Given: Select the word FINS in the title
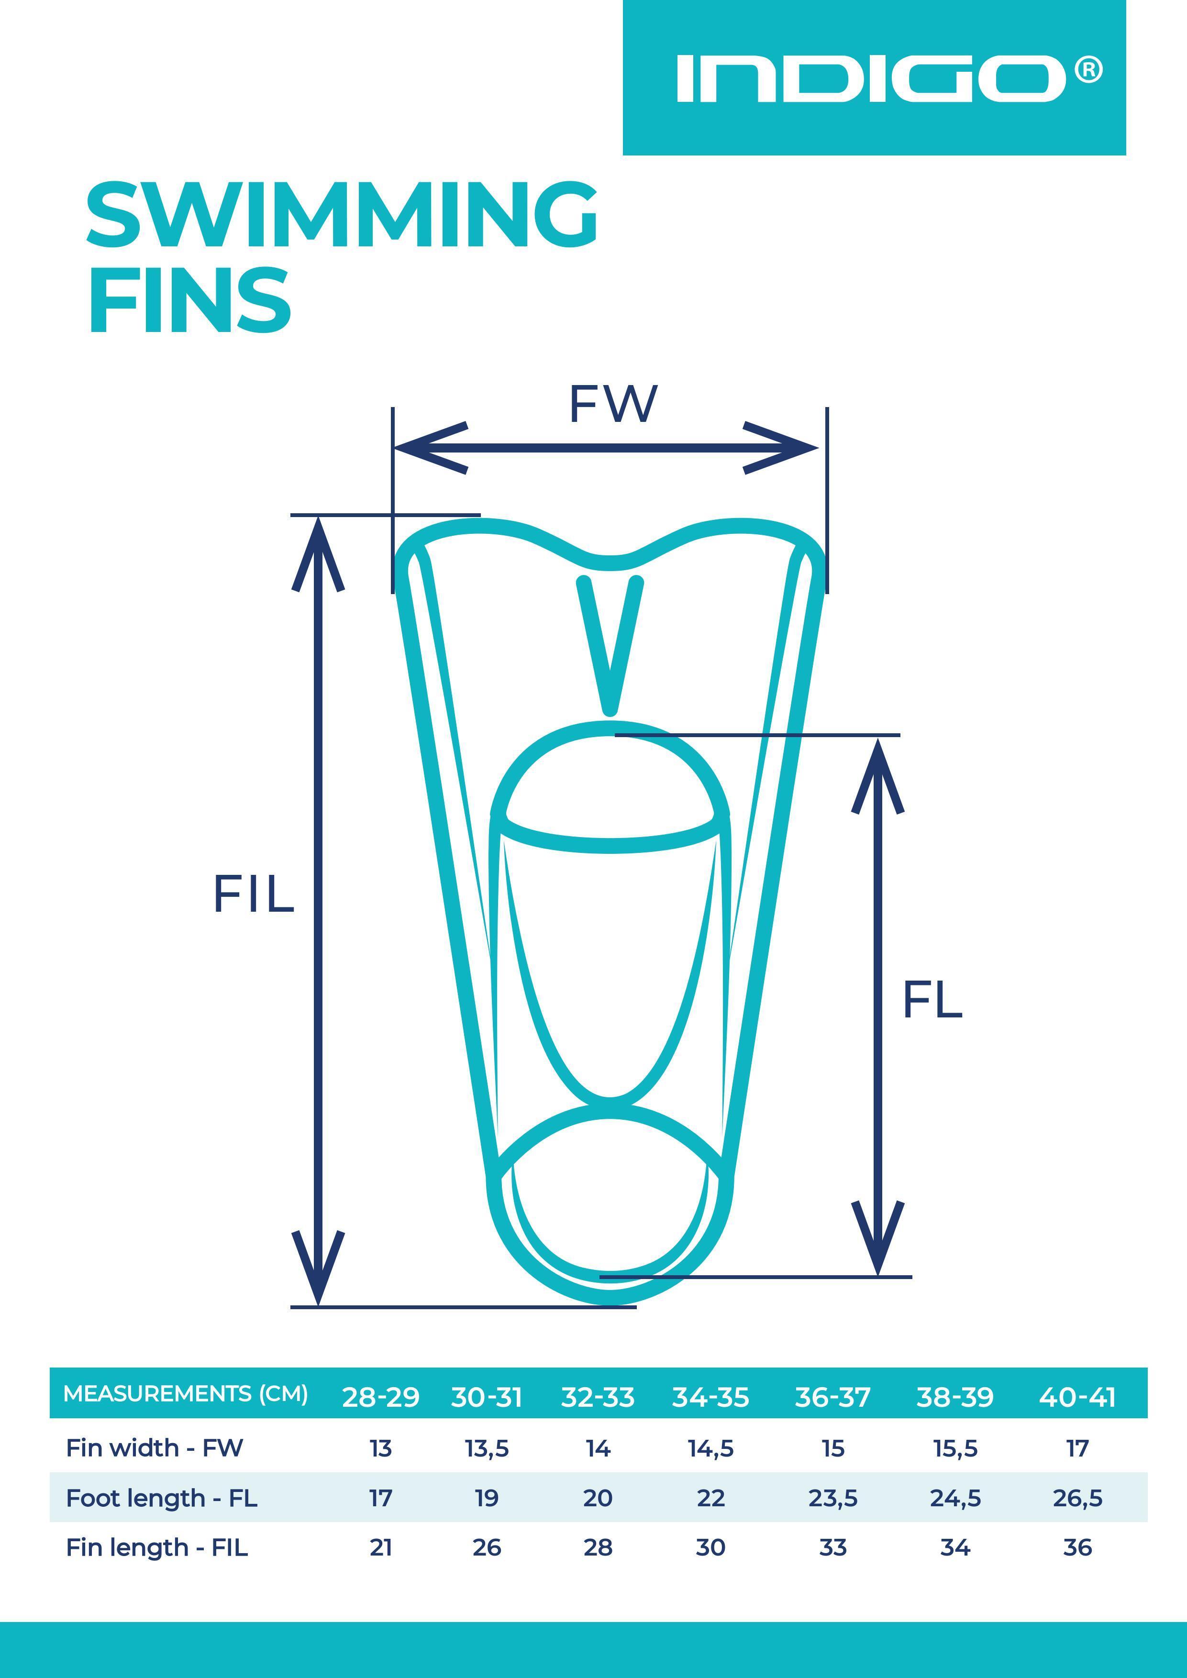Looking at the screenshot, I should [x=190, y=299].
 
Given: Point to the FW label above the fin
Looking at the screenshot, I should [x=612, y=404].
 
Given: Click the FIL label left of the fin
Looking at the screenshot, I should [x=254, y=894].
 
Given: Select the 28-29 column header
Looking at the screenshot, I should [x=381, y=1397].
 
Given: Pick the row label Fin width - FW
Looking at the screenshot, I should [x=154, y=1448].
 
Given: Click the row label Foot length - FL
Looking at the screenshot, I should [x=162, y=1498].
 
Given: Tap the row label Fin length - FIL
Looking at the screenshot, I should [x=157, y=1547].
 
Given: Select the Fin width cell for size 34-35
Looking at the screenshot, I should [x=710, y=1448].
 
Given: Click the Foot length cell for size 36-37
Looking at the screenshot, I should [x=832, y=1498].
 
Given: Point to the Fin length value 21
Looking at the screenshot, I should [x=381, y=1547].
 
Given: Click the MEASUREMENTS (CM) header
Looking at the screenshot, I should [x=186, y=1394].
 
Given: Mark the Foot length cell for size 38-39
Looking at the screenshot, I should [x=954, y=1498].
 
